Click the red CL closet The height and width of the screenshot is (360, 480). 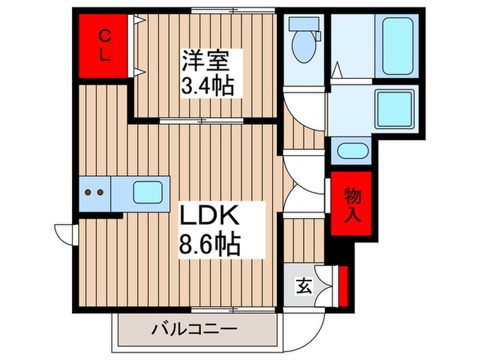pos(103,45)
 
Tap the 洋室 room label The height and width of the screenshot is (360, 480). pos(204,60)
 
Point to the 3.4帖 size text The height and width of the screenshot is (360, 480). pos(207,86)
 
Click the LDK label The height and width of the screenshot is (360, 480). pos(209,218)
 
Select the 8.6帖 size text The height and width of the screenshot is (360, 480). pos(210,243)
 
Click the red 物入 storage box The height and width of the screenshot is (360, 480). pos(352,204)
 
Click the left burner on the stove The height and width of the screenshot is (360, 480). pos(88,193)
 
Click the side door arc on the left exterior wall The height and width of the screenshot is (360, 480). pos(64,234)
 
